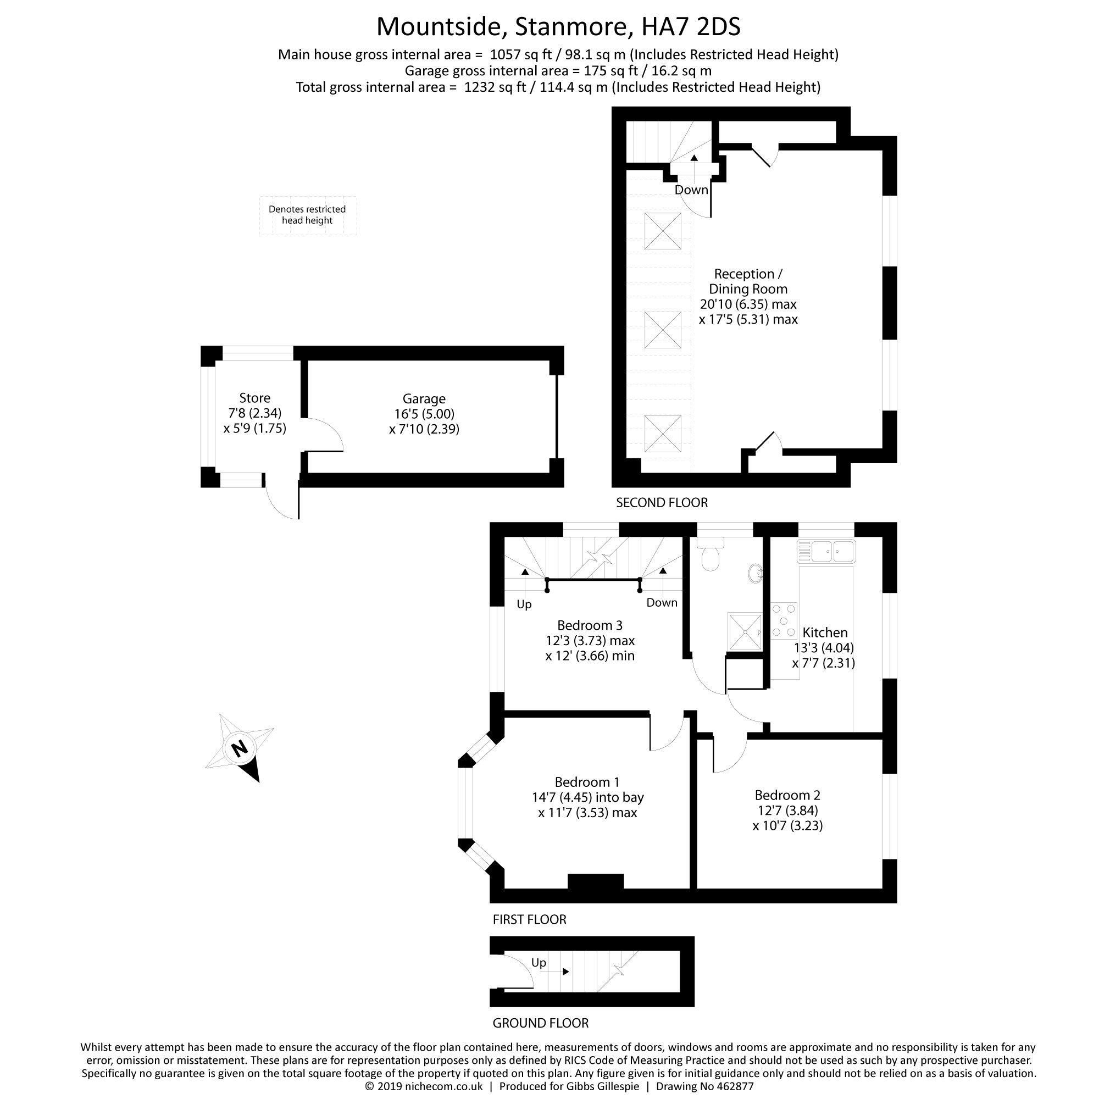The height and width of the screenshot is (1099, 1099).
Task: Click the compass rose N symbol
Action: (x=240, y=747)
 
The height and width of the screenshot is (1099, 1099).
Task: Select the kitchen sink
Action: (x=826, y=551)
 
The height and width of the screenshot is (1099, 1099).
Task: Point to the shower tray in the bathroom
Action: (x=745, y=631)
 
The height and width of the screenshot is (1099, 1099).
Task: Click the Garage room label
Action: (x=424, y=399)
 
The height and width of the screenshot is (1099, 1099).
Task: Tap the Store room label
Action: (x=254, y=398)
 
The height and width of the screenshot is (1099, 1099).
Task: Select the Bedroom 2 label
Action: (x=787, y=795)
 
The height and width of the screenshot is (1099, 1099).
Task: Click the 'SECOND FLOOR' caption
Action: (x=662, y=502)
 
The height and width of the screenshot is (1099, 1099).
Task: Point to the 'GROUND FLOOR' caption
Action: (x=540, y=1023)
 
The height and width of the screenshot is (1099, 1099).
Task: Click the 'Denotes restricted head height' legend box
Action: (x=308, y=215)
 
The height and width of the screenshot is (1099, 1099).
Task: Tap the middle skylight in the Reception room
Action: (x=663, y=330)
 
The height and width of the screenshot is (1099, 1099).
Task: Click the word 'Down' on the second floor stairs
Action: (x=691, y=190)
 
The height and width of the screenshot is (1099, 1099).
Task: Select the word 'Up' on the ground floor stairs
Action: (x=538, y=963)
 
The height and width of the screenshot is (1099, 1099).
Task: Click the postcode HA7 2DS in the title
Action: (x=691, y=27)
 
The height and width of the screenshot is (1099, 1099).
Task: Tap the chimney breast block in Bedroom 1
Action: (x=596, y=881)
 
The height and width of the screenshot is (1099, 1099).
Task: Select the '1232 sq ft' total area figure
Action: (x=495, y=87)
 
